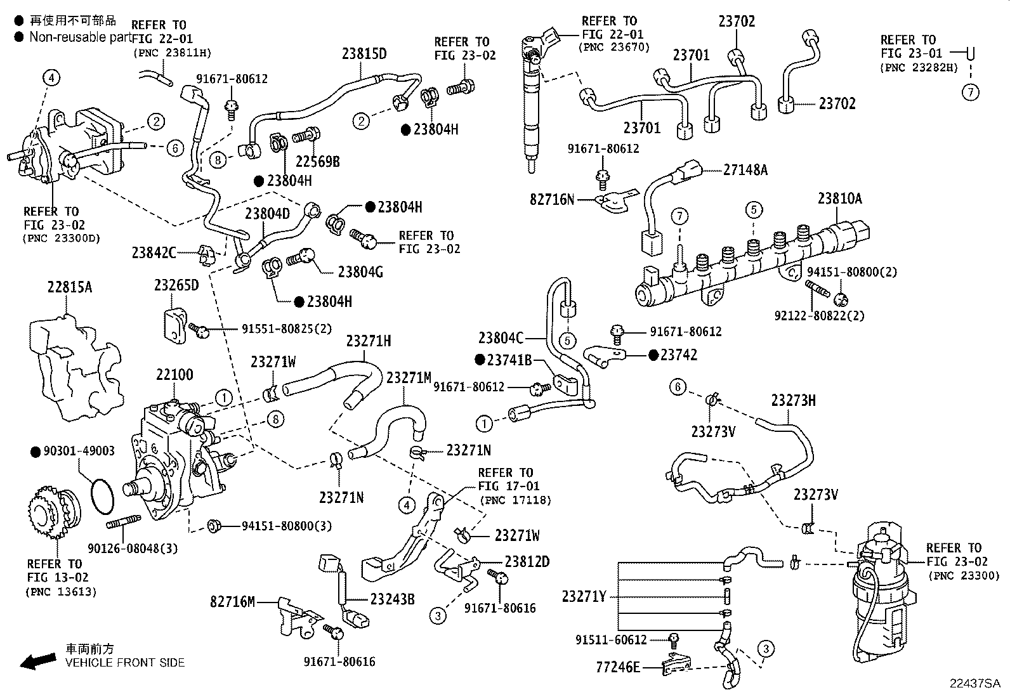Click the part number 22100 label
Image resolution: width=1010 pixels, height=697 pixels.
174,375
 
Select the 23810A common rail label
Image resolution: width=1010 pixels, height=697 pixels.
839,199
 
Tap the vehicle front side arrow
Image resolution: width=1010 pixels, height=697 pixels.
37,662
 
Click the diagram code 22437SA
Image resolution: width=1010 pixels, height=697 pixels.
974,684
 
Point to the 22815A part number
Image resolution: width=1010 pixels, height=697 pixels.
70,287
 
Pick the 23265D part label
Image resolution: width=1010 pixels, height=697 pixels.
176,285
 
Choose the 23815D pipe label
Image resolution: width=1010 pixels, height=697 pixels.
364,53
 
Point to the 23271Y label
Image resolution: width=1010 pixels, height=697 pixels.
584,596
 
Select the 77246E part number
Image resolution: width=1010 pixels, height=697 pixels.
618,667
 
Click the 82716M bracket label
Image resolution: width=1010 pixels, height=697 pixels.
232,601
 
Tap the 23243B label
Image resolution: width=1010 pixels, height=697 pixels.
392,598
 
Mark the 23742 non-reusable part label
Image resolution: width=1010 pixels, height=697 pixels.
678,355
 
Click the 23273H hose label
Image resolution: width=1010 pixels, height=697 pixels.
793,400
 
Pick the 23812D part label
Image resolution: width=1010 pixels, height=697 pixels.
527,561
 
